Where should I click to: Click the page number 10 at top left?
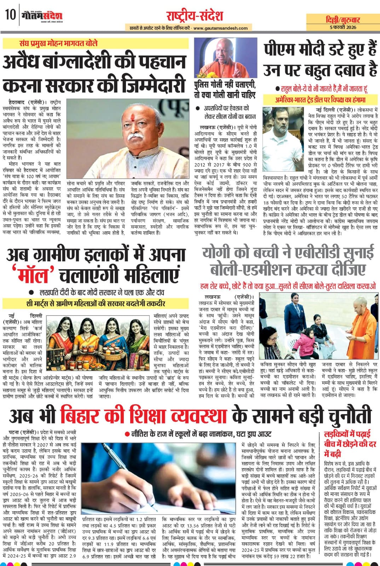point(10,15)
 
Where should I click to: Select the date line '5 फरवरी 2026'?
point(343,27)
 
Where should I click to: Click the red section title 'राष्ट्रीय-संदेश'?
point(195,16)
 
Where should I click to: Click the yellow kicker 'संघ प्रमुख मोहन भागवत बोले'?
point(59,44)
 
